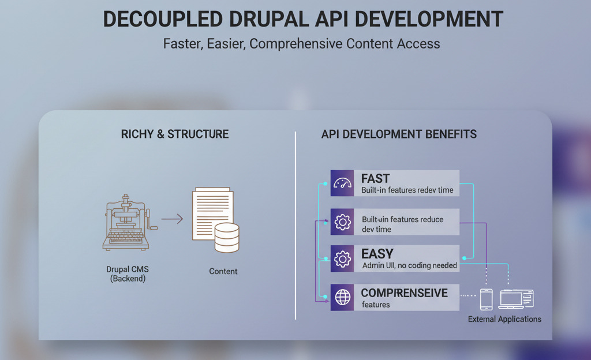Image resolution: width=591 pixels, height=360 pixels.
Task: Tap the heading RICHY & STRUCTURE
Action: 175,134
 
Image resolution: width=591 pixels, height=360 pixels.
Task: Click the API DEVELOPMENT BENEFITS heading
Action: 399,134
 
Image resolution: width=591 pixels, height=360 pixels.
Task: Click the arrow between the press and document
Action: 172,219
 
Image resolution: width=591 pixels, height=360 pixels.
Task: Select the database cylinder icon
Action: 227,238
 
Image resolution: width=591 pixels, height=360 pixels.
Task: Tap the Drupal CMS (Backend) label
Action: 128,274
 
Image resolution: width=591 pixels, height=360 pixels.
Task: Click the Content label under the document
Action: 223,271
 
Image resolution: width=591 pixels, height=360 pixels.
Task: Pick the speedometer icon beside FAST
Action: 342,183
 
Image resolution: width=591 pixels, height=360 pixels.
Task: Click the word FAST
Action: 375,178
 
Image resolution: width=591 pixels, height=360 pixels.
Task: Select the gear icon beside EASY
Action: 342,258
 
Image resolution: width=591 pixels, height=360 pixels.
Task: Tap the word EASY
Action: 377,254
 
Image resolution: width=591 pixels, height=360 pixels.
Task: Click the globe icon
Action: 343,297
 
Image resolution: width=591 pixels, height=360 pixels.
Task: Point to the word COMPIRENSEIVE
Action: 404,293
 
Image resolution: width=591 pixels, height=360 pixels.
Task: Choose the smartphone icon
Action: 486,299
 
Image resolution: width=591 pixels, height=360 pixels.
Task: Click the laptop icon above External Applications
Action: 517,299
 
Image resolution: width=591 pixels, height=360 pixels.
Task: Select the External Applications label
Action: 504,320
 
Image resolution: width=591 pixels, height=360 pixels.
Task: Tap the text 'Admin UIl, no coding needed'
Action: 410,265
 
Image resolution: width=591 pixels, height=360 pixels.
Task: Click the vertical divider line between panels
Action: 295,226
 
